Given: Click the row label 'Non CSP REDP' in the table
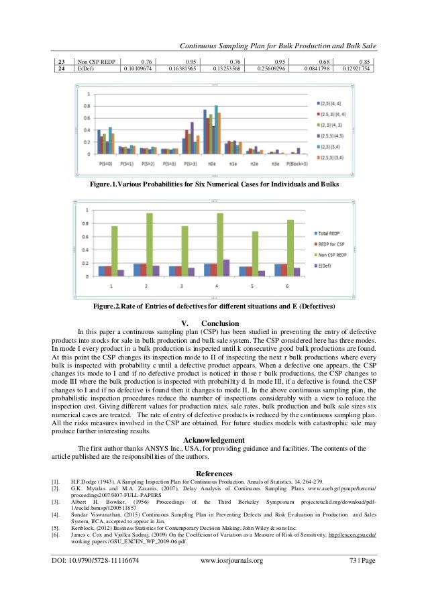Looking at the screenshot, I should pos(94,60).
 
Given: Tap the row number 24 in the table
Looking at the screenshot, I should pos(62,68).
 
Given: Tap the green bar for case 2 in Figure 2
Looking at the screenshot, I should pos(149,244).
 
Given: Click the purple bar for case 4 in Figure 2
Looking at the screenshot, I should pos(226,268).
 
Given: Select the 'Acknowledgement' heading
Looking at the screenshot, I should pos(213,439).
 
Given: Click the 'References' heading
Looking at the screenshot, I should pos(213,473).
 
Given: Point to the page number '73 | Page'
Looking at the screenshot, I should pos(358,578).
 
